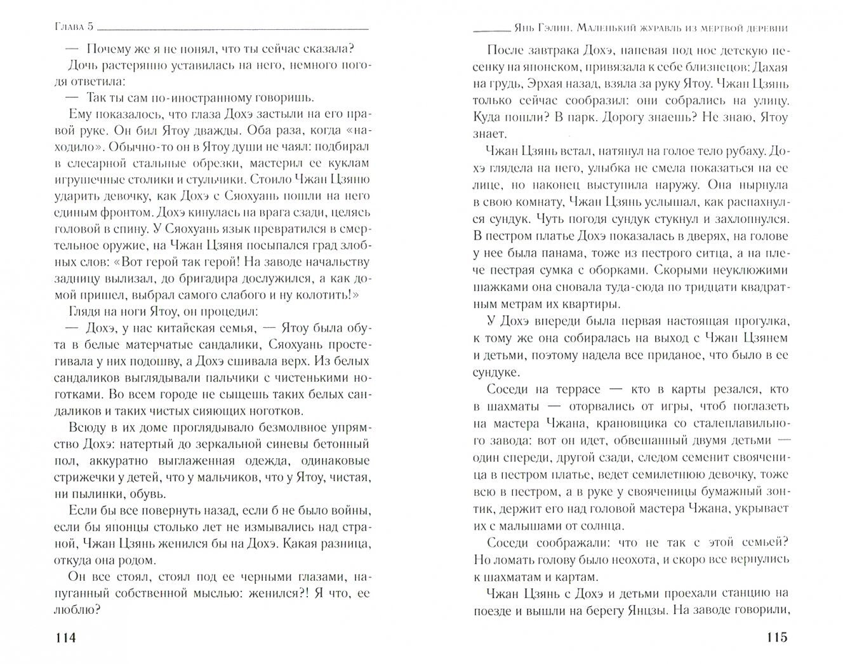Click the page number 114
click(65, 639)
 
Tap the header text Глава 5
click(71, 29)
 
